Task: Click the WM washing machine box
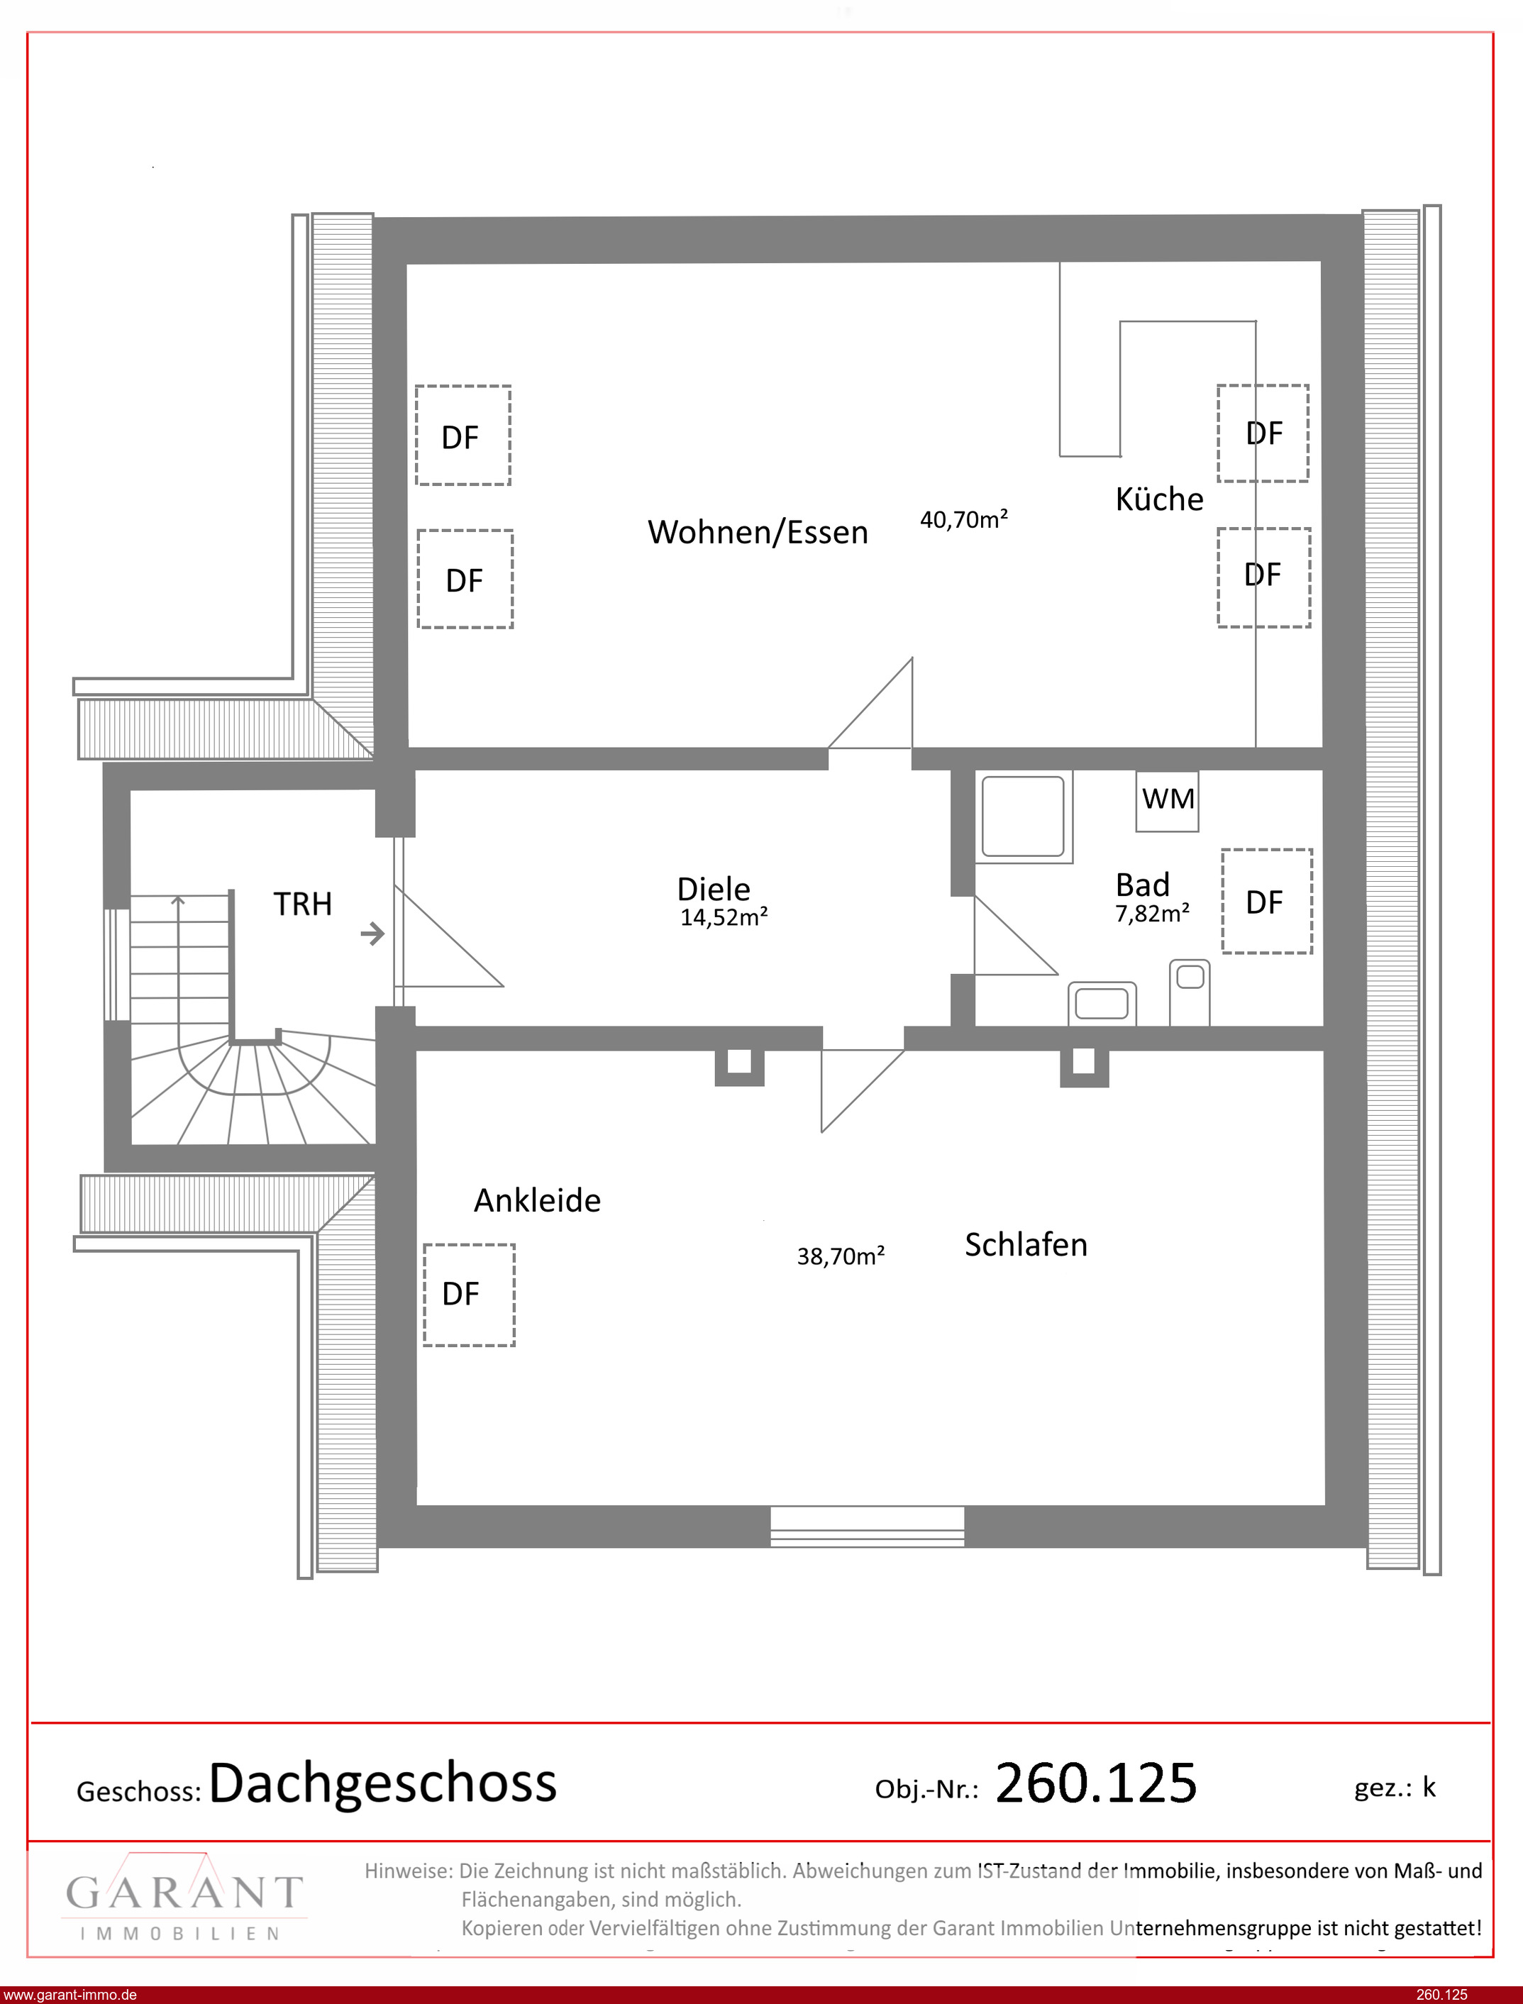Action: (1167, 800)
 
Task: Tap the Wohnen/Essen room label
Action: (758, 532)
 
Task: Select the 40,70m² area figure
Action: (963, 519)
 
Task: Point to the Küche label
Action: (1160, 499)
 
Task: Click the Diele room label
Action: (714, 888)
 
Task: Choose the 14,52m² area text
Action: (724, 917)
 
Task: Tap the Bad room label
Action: (1142, 884)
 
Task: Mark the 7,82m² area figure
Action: (1152, 914)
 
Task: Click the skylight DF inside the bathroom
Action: (1266, 901)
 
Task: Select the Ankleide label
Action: (537, 1200)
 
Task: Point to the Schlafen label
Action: (1025, 1244)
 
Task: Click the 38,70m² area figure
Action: (841, 1256)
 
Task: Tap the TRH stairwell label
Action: (303, 904)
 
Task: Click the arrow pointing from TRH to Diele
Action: (372, 933)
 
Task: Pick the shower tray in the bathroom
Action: (1024, 816)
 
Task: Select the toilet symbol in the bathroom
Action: (1190, 992)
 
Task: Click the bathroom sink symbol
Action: (1102, 1002)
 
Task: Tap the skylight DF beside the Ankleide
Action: (469, 1295)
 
